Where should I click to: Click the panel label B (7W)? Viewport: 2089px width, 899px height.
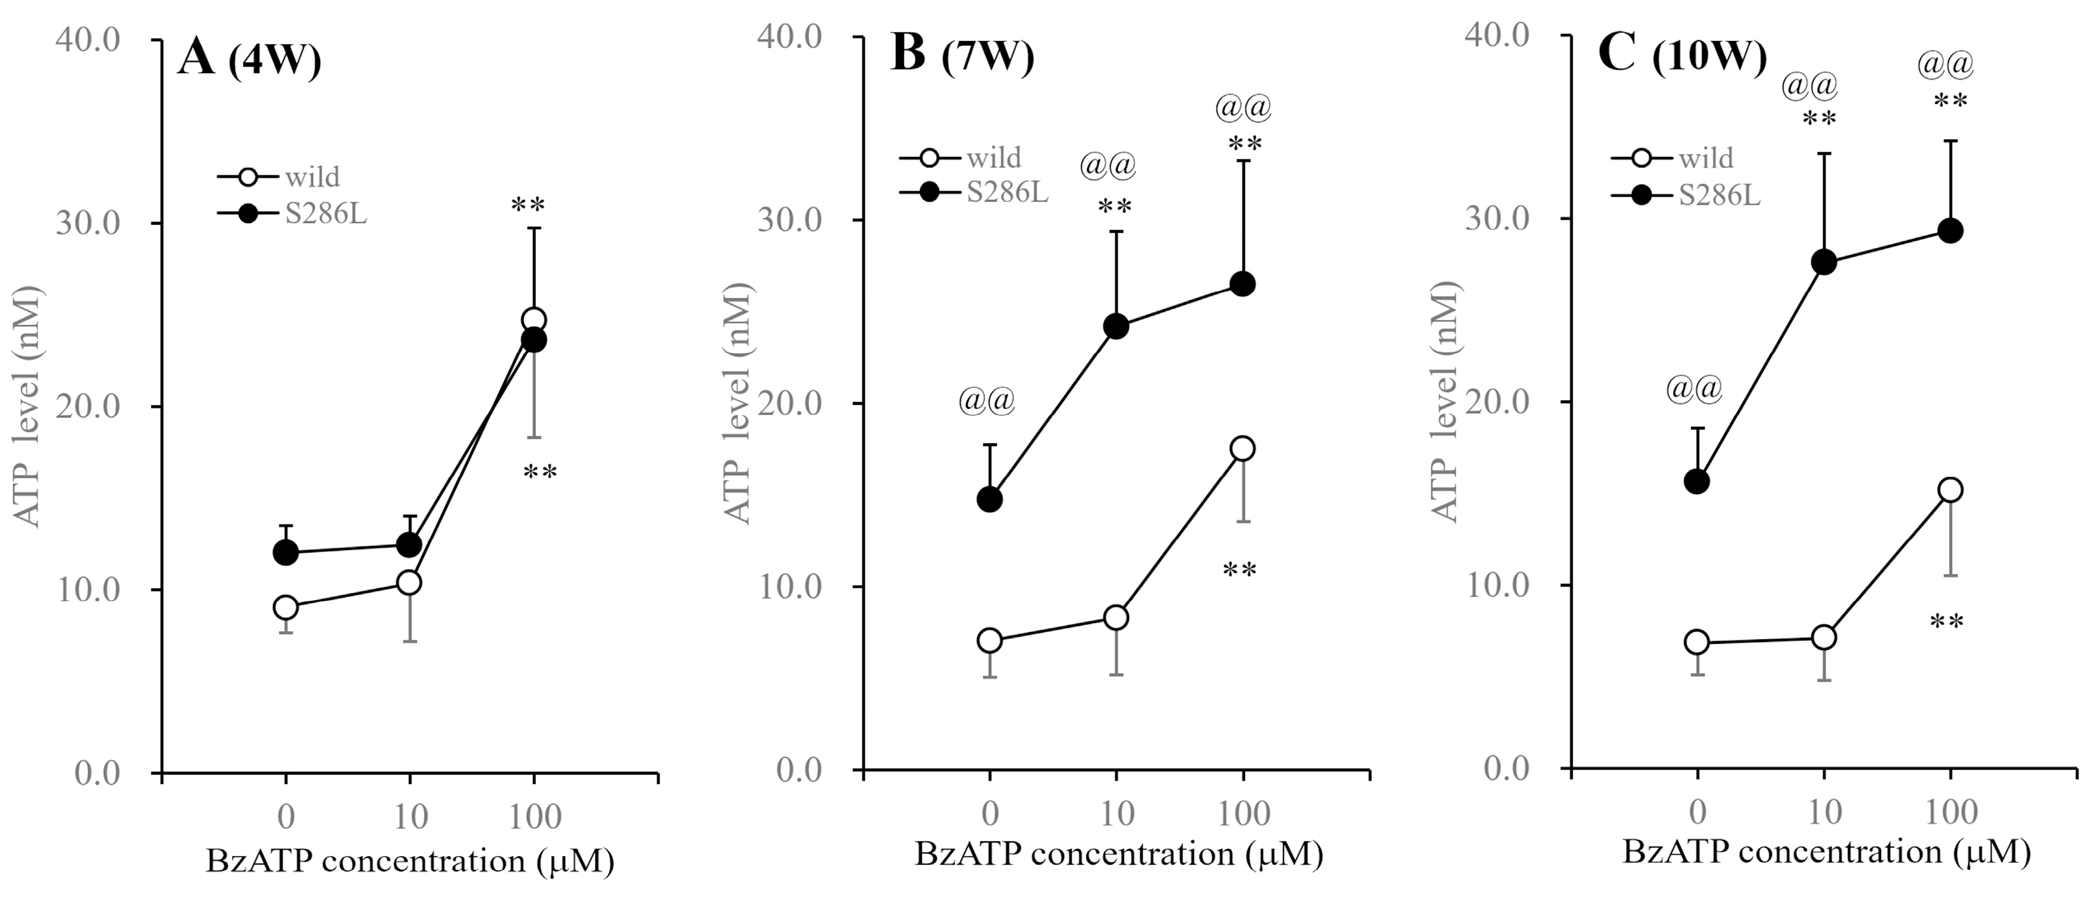pyautogui.click(x=962, y=56)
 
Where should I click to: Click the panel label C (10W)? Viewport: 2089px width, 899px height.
pyautogui.click(x=1681, y=56)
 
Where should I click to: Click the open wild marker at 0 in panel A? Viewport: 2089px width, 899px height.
pyautogui.click(x=286, y=607)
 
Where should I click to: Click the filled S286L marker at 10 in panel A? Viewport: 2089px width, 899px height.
pyautogui.click(x=409, y=545)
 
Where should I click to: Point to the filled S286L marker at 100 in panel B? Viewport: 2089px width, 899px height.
pyautogui.click(x=1243, y=284)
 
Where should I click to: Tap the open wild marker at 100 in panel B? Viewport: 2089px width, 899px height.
pyautogui.click(x=1243, y=448)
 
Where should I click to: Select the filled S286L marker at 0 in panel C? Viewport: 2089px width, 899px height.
pyautogui.click(x=1696, y=482)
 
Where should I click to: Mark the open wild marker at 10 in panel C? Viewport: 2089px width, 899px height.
pyautogui.click(x=1824, y=638)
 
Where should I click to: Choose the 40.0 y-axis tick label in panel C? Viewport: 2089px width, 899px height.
pyautogui.click(x=1497, y=36)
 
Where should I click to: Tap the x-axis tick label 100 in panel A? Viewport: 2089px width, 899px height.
pyautogui.click(x=534, y=816)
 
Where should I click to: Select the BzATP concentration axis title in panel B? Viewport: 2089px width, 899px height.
pyautogui.click(x=1118, y=854)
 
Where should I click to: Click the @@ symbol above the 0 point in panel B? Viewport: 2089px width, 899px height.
pyautogui.click(x=987, y=401)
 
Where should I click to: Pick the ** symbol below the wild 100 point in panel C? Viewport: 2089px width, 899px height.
pyautogui.click(x=1946, y=623)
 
